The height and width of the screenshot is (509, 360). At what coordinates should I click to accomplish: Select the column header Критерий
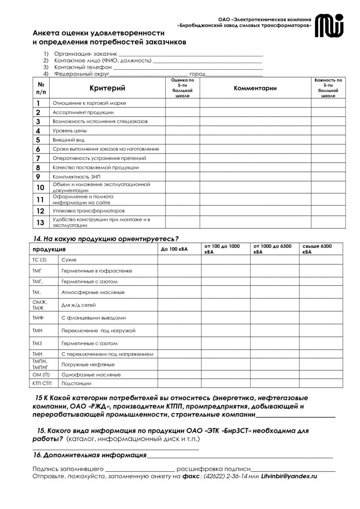pos(107,88)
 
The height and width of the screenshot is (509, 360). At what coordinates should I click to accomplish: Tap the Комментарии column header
pos(255,88)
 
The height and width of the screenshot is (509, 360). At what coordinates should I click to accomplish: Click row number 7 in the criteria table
pos(38,158)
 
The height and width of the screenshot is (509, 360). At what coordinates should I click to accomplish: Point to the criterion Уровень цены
pos(69,131)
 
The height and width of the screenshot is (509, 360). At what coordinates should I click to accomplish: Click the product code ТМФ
pos(37,317)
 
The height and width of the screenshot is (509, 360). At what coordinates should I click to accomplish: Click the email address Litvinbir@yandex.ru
pos(289,476)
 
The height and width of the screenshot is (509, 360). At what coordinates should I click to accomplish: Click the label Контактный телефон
pos(83,68)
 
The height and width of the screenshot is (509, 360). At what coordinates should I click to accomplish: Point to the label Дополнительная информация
pos(94,455)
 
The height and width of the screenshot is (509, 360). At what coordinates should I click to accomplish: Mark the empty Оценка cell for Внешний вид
pos(182,140)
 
